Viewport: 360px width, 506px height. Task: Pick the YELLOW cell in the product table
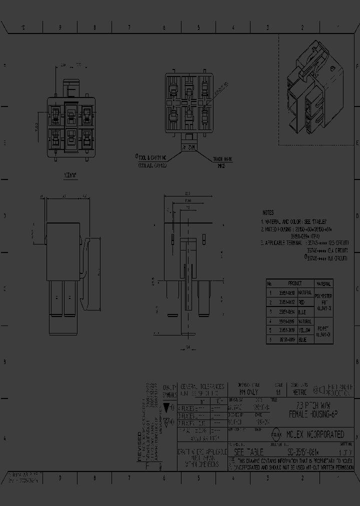(x=304, y=330)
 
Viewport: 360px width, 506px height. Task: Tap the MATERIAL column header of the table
(x=323, y=283)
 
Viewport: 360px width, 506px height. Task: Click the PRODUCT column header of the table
(x=295, y=283)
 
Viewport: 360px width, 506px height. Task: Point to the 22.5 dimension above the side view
(x=187, y=194)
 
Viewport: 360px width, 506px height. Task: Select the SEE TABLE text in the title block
(x=248, y=451)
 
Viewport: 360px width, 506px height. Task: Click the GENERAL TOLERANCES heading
(x=202, y=386)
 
